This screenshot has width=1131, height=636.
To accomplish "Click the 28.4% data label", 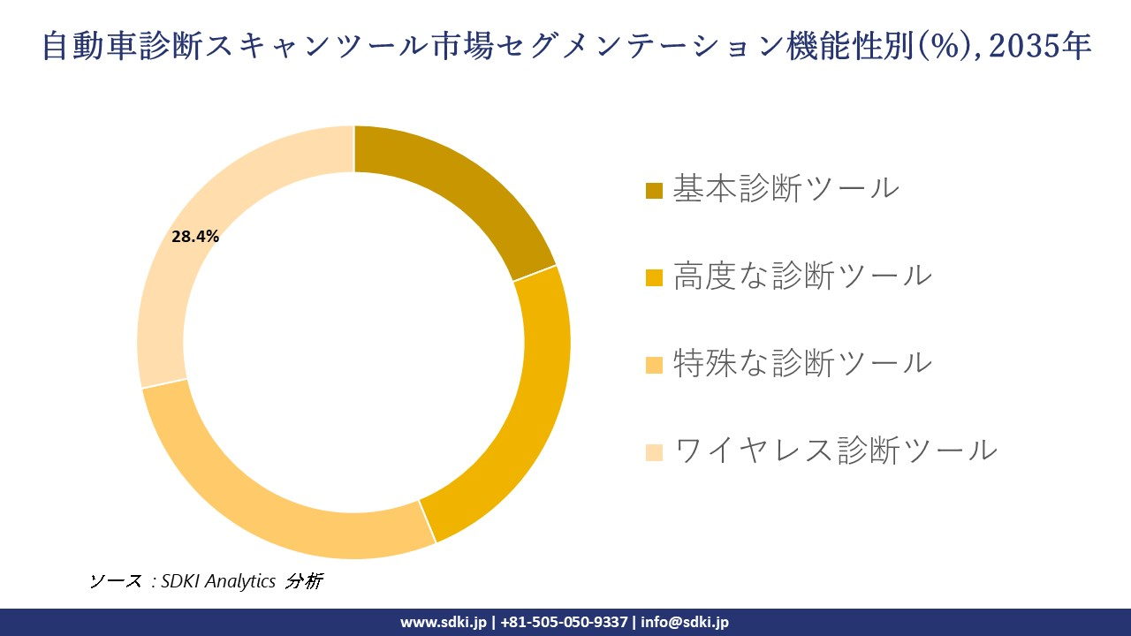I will click(195, 237).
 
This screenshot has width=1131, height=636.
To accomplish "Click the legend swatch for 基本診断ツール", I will click(654, 190).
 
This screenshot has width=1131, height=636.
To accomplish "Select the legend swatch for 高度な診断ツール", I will click(654, 277).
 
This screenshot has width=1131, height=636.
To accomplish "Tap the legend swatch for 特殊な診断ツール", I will click(654, 364).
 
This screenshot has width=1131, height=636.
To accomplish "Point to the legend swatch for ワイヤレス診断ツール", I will click(654, 451).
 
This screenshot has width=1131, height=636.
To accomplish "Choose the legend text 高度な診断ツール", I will click(802, 276).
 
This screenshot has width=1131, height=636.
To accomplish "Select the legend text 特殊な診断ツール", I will click(802, 362).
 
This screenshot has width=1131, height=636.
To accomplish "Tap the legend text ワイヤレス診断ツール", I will click(835, 450).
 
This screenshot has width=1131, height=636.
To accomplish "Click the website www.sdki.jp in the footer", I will click(444, 622).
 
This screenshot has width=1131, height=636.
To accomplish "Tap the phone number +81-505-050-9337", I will click(565, 622).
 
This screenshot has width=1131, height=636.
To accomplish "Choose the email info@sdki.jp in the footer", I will click(686, 622).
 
